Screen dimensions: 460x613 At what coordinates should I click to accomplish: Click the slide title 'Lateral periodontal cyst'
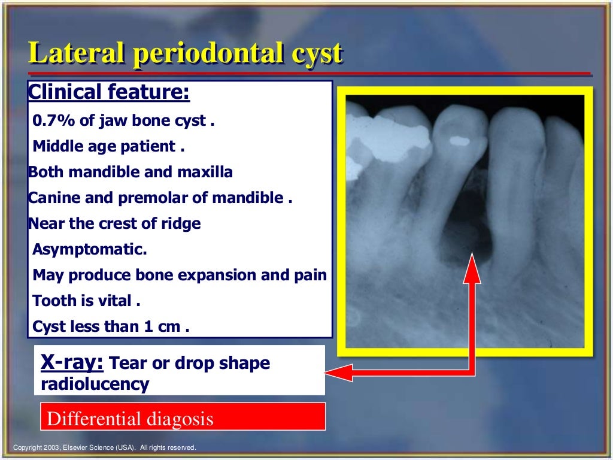tap(186, 54)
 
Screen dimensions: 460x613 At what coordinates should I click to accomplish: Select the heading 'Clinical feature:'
tap(109, 93)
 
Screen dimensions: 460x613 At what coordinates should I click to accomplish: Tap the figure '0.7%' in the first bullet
tap(54, 121)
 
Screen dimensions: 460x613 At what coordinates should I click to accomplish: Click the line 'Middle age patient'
tap(108, 146)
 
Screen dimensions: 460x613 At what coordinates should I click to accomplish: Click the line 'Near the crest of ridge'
tap(114, 224)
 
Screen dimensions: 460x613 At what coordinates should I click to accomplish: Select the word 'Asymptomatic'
tap(89, 250)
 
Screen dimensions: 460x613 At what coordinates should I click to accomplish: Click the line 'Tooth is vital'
tap(86, 301)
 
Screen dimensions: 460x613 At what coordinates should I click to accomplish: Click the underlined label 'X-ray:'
tap(72, 362)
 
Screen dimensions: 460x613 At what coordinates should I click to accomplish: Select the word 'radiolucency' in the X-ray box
tap(95, 384)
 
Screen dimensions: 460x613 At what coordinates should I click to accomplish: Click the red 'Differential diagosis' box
tap(183, 417)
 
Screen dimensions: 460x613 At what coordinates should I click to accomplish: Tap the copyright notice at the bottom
tap(105, 448)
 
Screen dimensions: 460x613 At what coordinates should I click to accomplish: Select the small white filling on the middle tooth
tap(460, 141)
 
